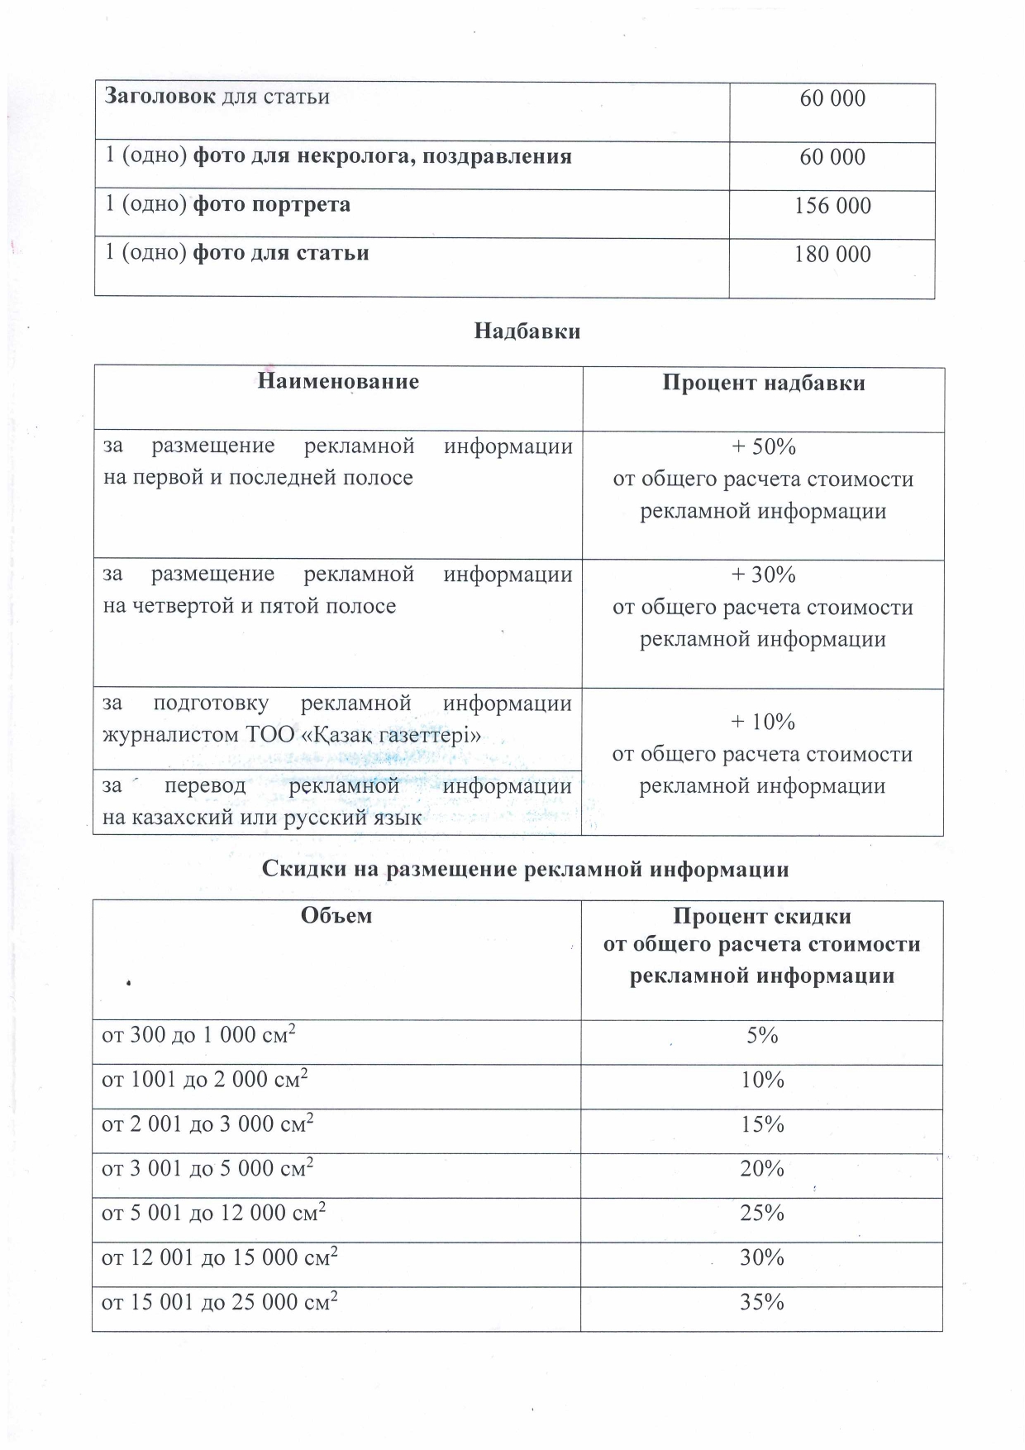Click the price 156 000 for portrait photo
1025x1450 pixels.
click(832, 206)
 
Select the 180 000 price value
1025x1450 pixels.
click(832, 254)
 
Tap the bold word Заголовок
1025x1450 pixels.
click(159, 97)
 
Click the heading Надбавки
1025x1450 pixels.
click(527, 331)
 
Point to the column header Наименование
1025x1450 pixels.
click(338, 381)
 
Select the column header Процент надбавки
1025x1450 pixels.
click(763, 383)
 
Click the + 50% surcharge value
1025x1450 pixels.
click(763, 447)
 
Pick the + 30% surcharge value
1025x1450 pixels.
click(763, 575)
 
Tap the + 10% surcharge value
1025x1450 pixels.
click(763, 722)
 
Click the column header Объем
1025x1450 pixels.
click(336, 915)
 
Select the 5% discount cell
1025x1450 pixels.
click(762, 1035)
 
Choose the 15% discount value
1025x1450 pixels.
click(762, 1124)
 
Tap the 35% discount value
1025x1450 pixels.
click(762, 1302)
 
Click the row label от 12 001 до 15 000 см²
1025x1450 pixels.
click(219, 1257)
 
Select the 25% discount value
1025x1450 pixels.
click(762, 1213)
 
